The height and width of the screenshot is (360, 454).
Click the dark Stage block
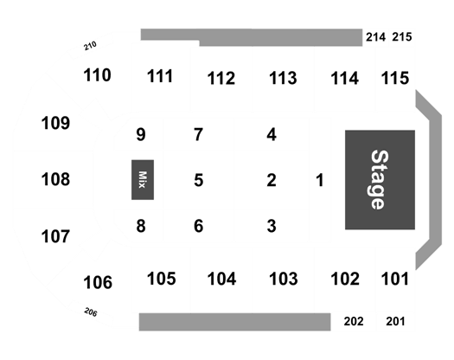380,180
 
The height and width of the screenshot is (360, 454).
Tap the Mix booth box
143,180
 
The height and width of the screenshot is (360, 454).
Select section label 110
97,75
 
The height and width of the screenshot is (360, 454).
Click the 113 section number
283,78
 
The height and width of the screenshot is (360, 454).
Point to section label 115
395,78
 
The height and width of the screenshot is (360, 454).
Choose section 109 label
55,123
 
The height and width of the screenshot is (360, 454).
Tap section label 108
55,179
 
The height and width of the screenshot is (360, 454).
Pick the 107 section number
55,236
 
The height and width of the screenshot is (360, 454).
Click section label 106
98,282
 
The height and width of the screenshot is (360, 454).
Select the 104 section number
221,279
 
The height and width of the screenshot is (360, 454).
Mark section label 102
345,279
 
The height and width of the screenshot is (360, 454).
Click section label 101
395,279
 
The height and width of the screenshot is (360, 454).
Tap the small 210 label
90,46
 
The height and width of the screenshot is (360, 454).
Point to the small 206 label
91,312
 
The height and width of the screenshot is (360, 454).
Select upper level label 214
375,37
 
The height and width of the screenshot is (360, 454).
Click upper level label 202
354,321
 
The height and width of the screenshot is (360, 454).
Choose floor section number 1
320,180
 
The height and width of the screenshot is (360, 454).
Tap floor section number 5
199,180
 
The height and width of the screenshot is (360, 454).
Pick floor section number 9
141,134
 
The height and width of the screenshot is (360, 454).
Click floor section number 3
272,226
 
